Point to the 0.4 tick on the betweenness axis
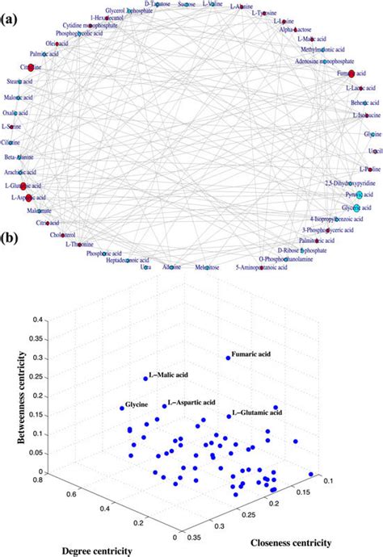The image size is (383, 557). click(x=36, y=320)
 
